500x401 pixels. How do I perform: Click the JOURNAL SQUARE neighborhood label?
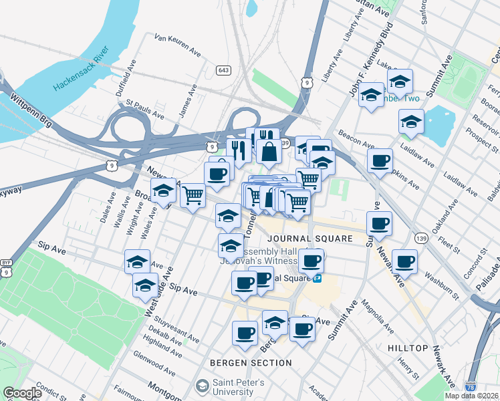click(x=309, y=239)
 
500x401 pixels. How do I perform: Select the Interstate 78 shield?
click(x=471, y=386)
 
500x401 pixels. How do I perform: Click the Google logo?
click(x=23, y=392)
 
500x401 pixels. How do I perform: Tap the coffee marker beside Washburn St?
click(x=404, y=261)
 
